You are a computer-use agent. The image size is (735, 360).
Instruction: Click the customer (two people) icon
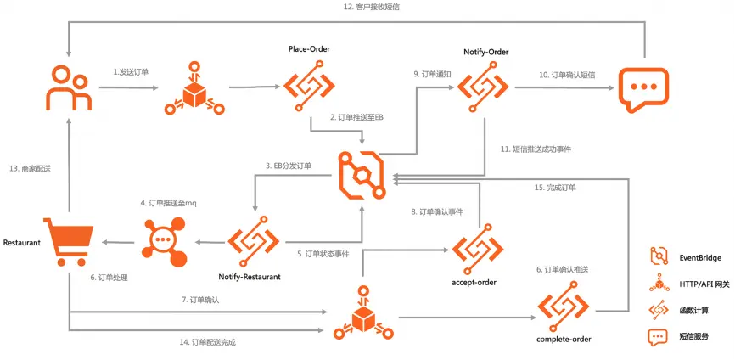coord(68,87)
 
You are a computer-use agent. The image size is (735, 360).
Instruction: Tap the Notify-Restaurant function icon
coord(255,240)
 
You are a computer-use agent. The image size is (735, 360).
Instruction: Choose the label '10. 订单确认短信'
coord(567,75)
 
